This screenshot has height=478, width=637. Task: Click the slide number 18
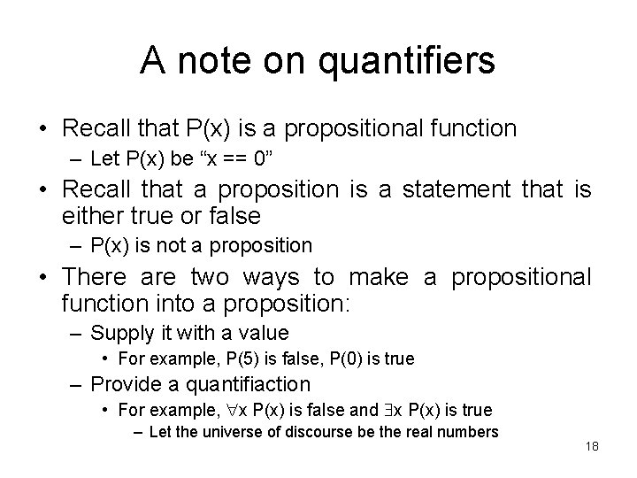pos(591,447)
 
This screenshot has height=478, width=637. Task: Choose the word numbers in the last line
pos(470,432)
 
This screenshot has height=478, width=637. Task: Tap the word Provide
pos(123,384)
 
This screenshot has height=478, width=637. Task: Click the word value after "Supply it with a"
pos(265,333)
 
